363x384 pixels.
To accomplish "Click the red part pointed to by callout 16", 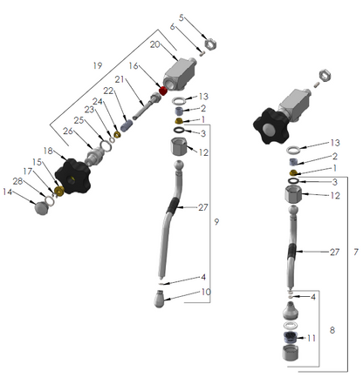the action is (x=163, y=91).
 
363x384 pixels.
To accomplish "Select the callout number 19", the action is (x=98, y=65).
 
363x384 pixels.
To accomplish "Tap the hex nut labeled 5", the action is (x=210, y=44).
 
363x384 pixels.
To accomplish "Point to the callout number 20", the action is (x=155, y=44).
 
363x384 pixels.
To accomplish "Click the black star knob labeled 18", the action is (x=72, y=176).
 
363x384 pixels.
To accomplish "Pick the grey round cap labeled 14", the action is (x=43, y=208).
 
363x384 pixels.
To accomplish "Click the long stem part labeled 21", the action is (x=147, y=106).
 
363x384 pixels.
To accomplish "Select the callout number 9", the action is (x=216, y=222).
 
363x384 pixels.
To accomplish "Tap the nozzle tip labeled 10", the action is (x=160, y=299).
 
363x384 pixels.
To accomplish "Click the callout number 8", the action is (x=332, y=330).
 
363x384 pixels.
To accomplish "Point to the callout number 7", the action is (x=356, y=252).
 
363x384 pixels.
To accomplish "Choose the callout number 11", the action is (x=312, y=338).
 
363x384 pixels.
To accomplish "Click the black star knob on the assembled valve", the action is (x=271, y=126).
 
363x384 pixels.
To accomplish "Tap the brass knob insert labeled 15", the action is (x=59, y=191).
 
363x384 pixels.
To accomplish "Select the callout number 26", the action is (x=68, y=131).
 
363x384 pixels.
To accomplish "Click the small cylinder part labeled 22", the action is (x=127, y=125).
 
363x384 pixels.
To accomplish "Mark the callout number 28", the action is (x=17, y=181).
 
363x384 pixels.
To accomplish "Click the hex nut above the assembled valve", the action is (x=325, y=75).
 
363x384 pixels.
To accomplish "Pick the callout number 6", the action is (x=172, y=27).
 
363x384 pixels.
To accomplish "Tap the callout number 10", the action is (x=206, y=292).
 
